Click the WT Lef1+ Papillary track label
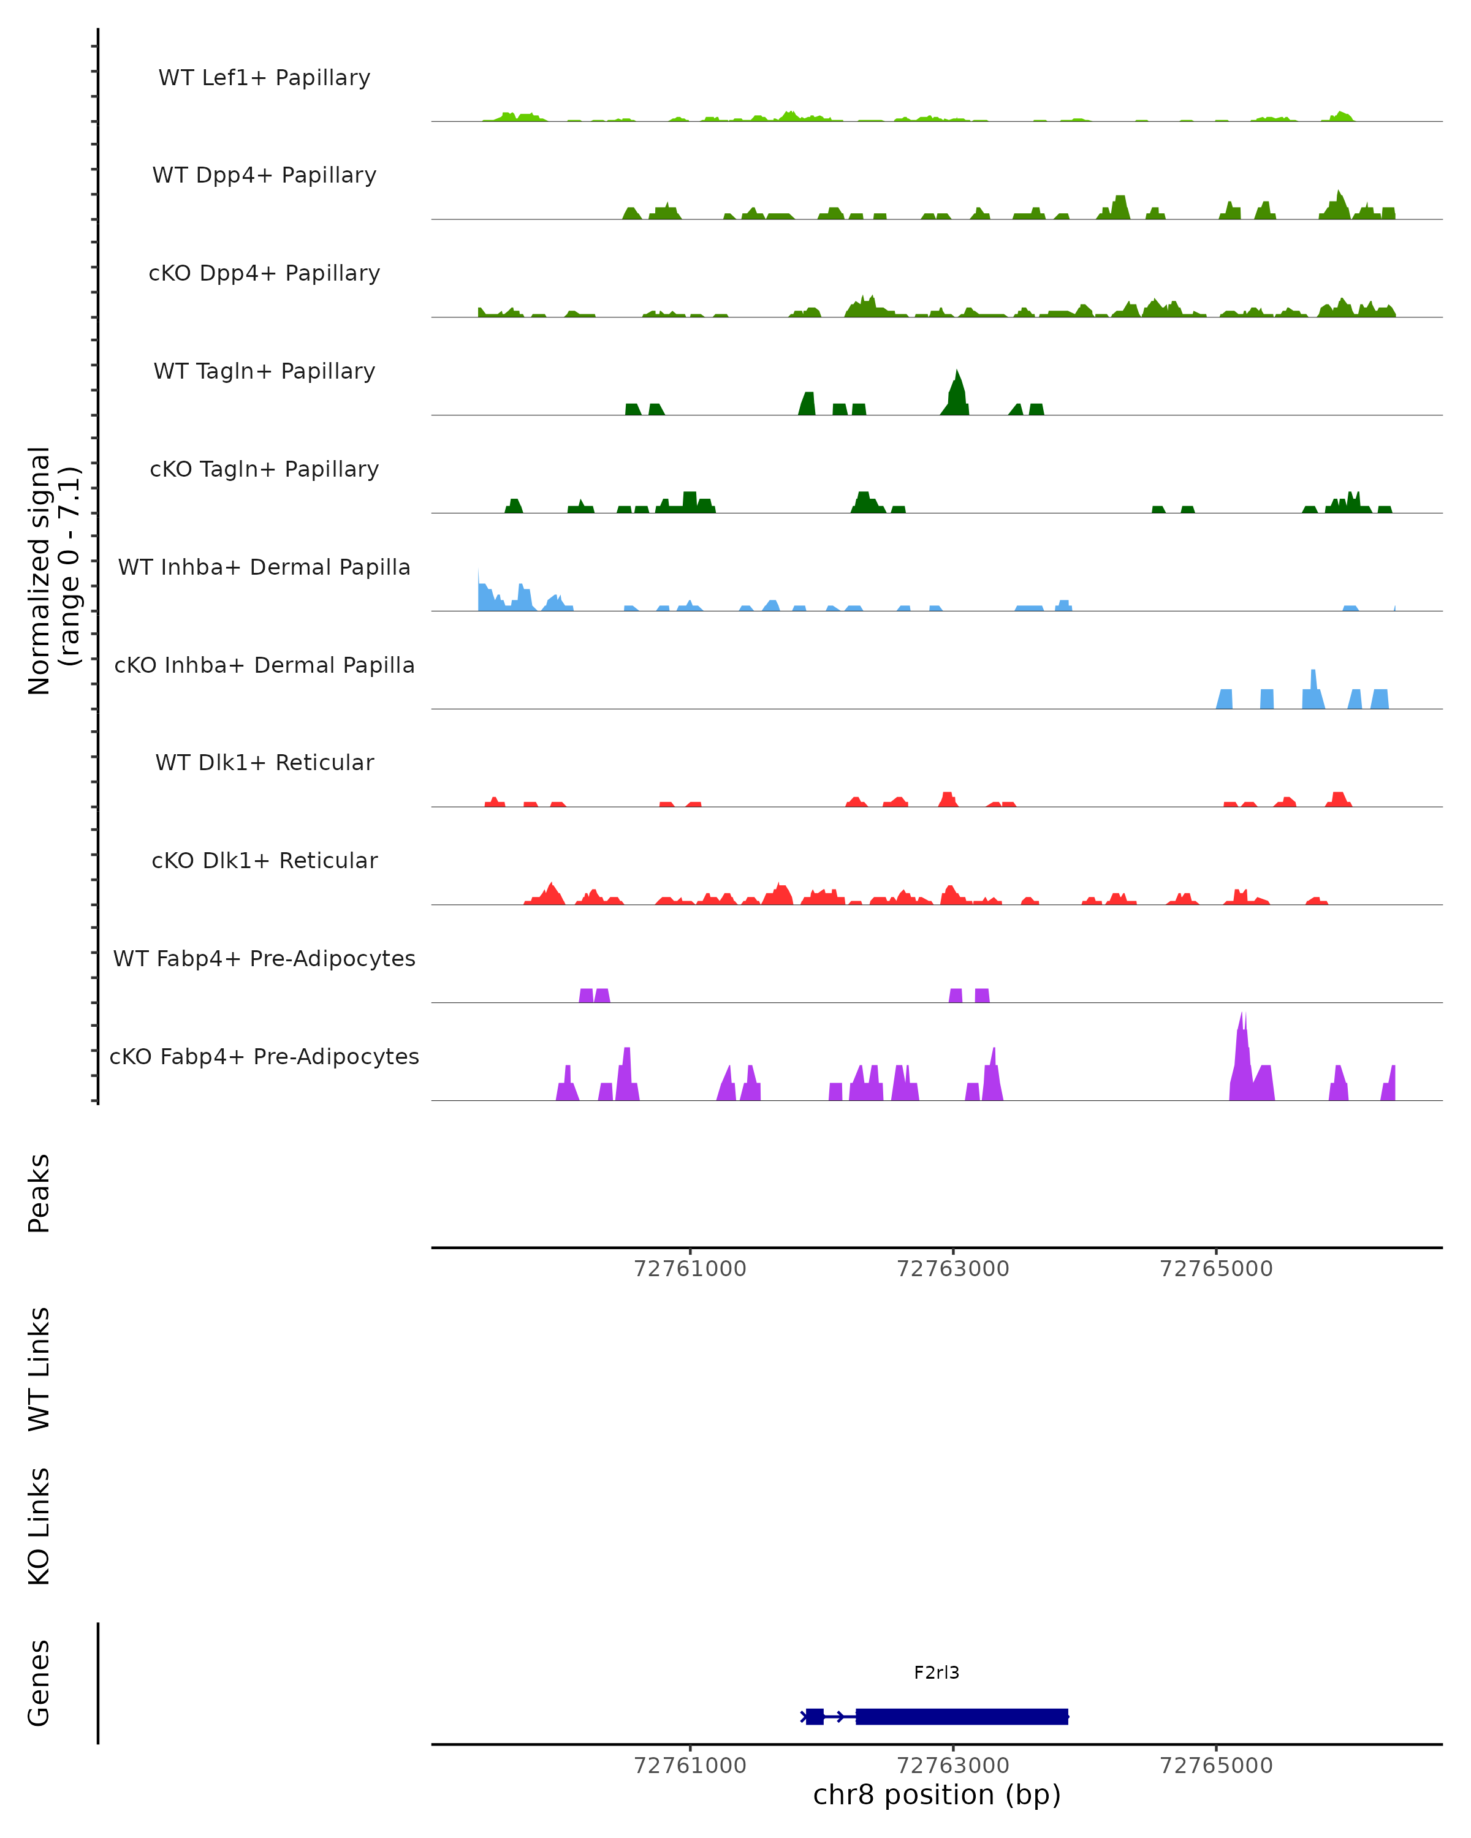pyautogui.click(x=264, y=78)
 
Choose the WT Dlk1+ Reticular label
pyautogui.click(x=264, y=762)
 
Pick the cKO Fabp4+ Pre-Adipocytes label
pyautogui.click(x=264, y=1056)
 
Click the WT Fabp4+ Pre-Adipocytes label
pyautogui.click(x=264, y=958)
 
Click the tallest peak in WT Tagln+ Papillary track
pyautogui.click(x=957, y=379)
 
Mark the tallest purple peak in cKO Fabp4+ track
pyautogui.click(x=1242, y=1023)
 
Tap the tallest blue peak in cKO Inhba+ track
pyautogui.click(x=1313, y=678)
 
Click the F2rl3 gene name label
pyautogui.click(x=937, y=1673)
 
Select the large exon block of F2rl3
pyautogui.click(x=962, y=1716)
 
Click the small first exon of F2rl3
pyautogui.click(x=815, y=1716)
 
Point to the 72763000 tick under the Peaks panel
pyautogui.click(x=952, y=1269)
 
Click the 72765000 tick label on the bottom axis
pyautogui.click(x=1215, y=1766)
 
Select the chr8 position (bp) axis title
pyautogui.click(x=937, y=1795)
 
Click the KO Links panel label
pyautogui.click(x=39, y=1526)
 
